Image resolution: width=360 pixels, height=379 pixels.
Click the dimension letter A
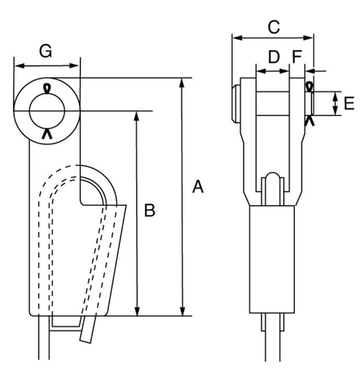[198, 186]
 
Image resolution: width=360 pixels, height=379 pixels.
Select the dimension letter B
[149, 210]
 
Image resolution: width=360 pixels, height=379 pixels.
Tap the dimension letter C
[274, 27]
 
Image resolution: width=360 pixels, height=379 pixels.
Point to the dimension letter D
[274, 57]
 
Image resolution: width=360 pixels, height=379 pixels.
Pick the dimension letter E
[349, 103]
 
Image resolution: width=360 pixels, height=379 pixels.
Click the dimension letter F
[297, 57]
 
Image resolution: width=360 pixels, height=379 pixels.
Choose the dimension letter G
[45, 51]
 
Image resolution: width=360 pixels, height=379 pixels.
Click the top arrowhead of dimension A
[182, 83]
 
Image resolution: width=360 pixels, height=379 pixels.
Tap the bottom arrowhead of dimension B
[137, 312]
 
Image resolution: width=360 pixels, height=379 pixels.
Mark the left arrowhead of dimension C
[237, 38]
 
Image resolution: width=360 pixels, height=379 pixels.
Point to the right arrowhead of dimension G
[74, 66]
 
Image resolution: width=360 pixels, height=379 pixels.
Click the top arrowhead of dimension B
[136, 116]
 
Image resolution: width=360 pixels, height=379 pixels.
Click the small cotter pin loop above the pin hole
[47, 88]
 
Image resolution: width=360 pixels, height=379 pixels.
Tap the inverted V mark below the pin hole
[47, 133]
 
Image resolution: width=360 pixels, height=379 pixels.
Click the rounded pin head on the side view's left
[236, 104]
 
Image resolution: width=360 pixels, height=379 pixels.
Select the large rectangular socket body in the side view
[272, 259]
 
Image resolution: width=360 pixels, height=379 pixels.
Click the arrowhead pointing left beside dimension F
[310, 71]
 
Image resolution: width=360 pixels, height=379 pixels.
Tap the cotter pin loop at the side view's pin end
[309, 86]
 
